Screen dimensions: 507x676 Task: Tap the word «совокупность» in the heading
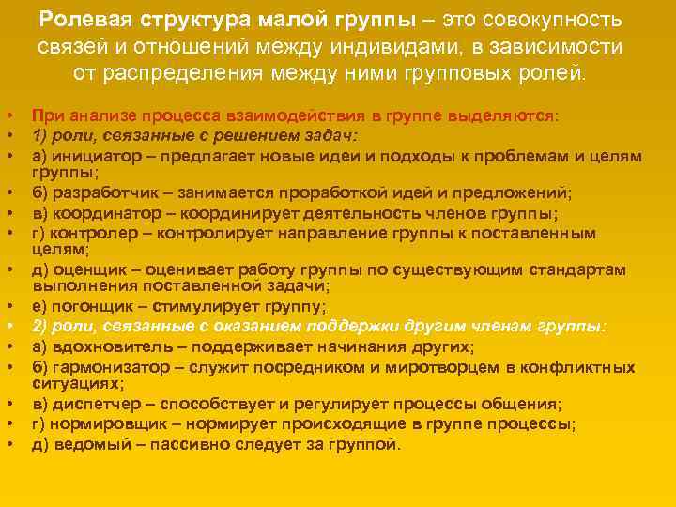[551, 20]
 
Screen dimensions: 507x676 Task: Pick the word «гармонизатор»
[107, 365]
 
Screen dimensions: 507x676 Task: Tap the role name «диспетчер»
[92, 404]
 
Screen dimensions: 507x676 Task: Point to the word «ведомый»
[84, 443]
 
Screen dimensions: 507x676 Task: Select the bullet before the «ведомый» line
[8, 443]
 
